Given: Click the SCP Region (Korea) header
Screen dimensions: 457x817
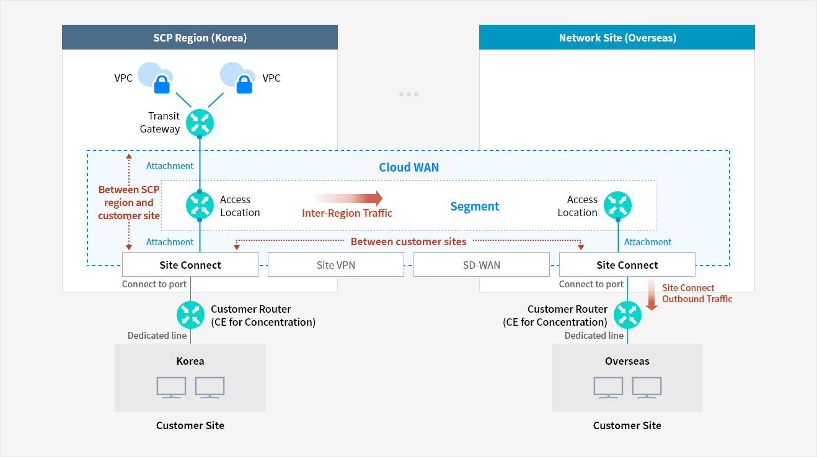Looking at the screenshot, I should pyautogui.click(x=200, y=38).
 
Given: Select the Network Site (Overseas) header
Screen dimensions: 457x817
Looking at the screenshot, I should pyautogui.click(x=617, y=38).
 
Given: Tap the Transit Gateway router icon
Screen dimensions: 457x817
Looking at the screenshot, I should pyautogui.click(x=200, y=123).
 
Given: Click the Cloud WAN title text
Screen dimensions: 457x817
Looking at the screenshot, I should pyautogui.click(x=408, y=167).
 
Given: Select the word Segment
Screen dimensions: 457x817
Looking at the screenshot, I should pyautogui.click(x=474, y=207).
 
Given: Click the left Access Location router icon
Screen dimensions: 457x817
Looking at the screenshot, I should pyautogui.click(x=200, y=206).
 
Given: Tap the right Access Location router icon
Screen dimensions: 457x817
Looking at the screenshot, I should pyautogui.click(x=617, y=206).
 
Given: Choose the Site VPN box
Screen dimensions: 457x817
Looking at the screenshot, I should pyautogui.click(x=335, y=265).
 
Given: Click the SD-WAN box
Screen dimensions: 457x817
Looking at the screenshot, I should pyautogui.click(x=481, y=265).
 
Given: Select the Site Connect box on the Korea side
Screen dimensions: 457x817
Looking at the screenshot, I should pyautogui.click(x=190, y=265).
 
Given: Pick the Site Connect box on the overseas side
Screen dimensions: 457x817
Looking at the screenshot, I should pyautogui.click(x=627, y=265).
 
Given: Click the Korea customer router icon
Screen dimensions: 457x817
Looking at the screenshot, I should pyautogui.click(x=190, y=315).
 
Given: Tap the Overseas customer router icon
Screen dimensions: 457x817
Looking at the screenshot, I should pyautogui.click(x=627, y=315).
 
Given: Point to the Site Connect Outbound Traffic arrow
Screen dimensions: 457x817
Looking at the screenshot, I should pyautogui.click(x=651, y=294).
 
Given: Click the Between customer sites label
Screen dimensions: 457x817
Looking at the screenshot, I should pyautogui.click(x=408, y=242).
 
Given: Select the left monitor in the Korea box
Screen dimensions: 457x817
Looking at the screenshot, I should pyautogui.click(x=171, y=387).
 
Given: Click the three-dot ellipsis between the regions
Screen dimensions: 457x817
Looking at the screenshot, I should pyautogui.click(x=408, y=95).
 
